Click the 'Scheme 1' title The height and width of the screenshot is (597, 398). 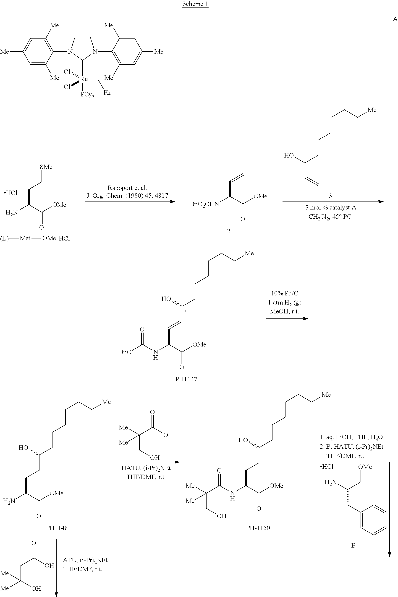[195, 4]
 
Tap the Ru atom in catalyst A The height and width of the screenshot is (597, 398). [84, 79]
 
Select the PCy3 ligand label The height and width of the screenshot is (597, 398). [88, 95]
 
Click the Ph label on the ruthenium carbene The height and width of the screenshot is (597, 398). [107, 93]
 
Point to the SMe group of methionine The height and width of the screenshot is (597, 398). [46, 167]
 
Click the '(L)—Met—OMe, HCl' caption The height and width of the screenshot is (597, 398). [35, 238]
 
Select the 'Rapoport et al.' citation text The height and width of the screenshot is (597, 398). [127, 188]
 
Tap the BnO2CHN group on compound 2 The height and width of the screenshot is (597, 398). [204, 204]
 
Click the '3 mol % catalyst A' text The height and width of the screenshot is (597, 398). [331, 207]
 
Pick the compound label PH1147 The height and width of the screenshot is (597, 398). [186, 379]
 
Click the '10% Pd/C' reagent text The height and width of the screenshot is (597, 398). [285, 293]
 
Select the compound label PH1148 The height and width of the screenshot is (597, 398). [57, 527]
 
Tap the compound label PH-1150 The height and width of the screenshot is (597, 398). [258, 527]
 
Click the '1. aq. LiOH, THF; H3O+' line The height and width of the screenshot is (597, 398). [353, 437]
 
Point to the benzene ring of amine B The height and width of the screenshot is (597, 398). [374, 520]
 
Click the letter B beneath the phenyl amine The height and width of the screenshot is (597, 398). [353, 545]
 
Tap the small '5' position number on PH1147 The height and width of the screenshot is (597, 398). [185, 312]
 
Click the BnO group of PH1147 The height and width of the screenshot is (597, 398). [125, 352]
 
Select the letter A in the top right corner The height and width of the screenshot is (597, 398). [395, 19]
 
